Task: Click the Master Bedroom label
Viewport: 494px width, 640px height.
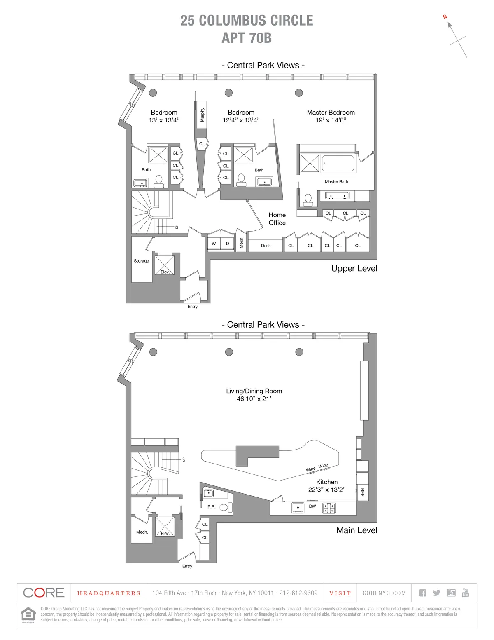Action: click(331, 113)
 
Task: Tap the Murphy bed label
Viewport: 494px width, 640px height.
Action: click(202, 114)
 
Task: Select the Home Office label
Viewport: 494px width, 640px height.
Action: click(277, 219)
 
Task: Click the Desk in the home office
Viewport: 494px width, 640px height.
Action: click(266, 246)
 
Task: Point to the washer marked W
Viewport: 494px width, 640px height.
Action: click(214, 244)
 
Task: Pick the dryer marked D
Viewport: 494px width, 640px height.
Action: click(227, 244)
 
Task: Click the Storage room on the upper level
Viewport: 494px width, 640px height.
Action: click(141, 261)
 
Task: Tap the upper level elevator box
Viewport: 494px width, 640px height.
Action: click(165, 265)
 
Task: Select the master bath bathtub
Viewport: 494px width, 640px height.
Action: click(338, 164)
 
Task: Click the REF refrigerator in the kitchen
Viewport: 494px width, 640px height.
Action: click(362, 492)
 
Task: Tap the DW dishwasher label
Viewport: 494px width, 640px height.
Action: click(312, 506)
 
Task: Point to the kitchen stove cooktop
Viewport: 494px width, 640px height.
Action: click(329, 508)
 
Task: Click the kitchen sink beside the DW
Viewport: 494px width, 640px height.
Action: click(298, 508)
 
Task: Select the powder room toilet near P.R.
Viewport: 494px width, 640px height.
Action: click(225, 507)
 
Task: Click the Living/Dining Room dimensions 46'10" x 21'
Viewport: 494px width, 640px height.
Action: click(254, 399)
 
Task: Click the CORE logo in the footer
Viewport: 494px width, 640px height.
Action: click(44, 593)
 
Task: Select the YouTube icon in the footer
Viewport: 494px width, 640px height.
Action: click(465, 593)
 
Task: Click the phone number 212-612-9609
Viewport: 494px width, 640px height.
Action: click(298, 593)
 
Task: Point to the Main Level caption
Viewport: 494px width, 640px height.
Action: click(357, 530)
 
